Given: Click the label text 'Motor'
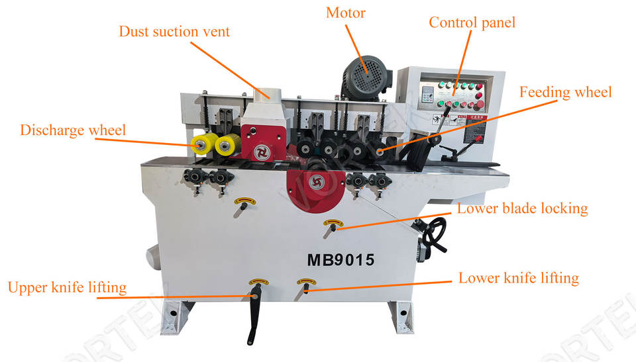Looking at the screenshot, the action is (346, 13).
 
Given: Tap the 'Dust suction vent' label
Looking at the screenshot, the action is (174, 31).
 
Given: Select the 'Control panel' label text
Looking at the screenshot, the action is (472, 23).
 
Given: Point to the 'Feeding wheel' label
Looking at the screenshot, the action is (565, 92).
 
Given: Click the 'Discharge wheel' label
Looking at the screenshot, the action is (73, 130).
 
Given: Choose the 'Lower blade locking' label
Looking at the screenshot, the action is (523, 208).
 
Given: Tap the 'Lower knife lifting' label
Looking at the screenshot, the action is (519, 277).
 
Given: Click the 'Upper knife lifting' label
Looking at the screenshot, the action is (67, 287).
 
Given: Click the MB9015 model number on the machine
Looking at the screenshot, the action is (341, 260).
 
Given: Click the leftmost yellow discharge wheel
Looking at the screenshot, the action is (201, 144).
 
